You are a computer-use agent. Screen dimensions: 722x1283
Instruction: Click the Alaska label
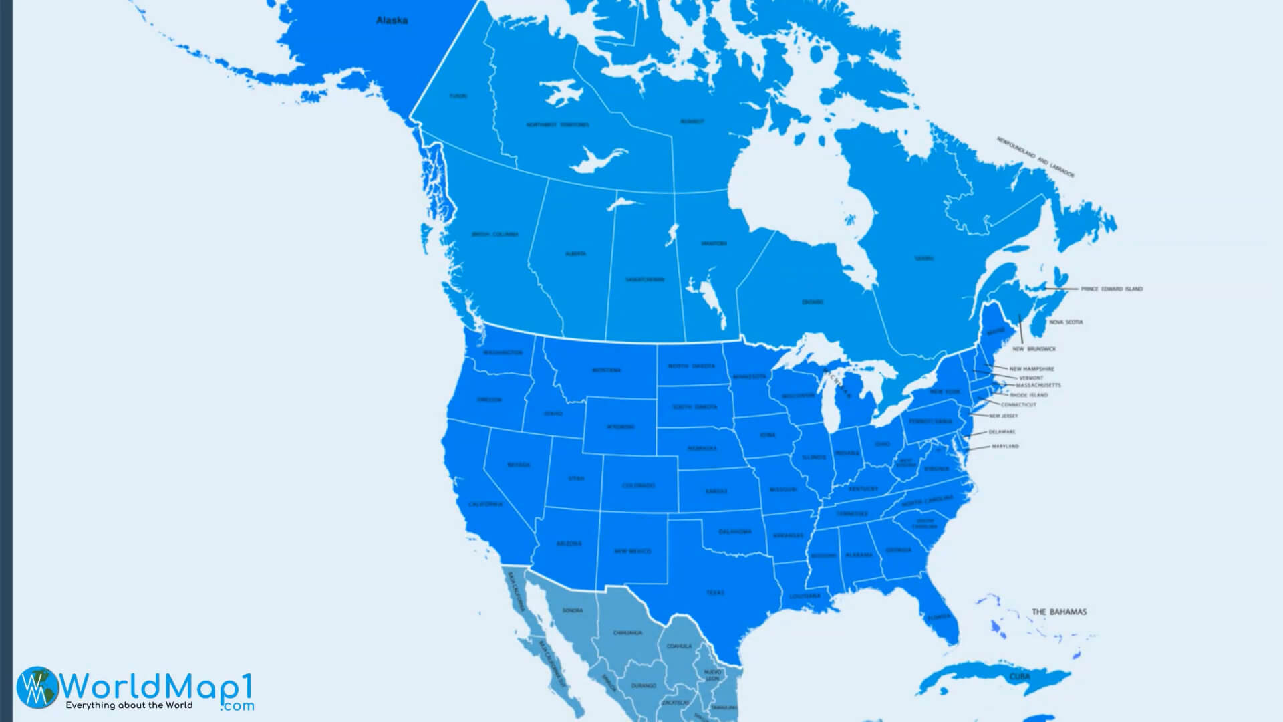[392, 20]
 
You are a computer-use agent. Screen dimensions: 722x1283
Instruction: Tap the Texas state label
[715, 592]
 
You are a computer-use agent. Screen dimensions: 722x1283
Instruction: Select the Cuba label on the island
[1019, 677]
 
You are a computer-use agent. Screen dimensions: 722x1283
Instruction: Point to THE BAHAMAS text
[1058, 612]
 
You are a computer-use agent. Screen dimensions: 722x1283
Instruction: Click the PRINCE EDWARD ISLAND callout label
[1111, 289]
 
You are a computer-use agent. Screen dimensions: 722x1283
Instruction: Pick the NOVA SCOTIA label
[1065, 322]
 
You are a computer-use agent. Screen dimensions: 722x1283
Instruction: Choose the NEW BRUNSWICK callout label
[1034, 349]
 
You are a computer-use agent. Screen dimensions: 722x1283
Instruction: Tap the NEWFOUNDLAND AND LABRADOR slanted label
[1035, 158]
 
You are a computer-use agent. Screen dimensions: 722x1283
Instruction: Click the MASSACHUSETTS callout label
[1038, 386]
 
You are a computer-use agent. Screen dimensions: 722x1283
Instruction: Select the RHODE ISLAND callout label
[1028, 395]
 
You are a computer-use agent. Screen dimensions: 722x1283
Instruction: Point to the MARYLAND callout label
[1005, 446]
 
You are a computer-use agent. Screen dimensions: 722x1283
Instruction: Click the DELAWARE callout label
[1002, 432]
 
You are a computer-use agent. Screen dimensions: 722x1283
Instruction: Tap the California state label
[485, 504]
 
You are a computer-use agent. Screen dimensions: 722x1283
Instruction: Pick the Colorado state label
[638, 485]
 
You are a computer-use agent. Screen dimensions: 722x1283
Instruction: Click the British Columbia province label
[494, 235]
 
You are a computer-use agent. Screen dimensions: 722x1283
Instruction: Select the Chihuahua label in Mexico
[627, 632]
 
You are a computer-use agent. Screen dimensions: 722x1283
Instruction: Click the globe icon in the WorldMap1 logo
[37, 687]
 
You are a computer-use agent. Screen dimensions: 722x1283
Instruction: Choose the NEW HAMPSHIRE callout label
[1031, 369]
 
